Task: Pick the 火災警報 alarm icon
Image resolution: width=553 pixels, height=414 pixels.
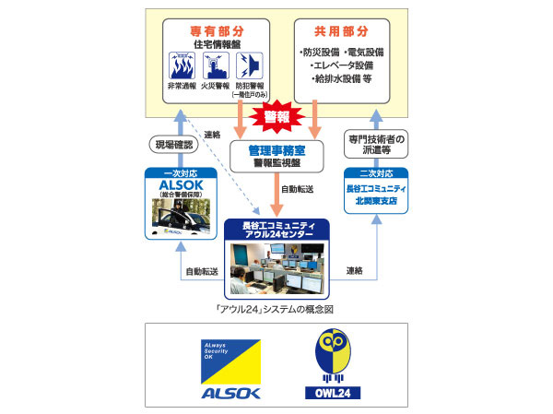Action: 215,66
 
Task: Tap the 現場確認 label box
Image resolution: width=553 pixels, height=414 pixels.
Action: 172,144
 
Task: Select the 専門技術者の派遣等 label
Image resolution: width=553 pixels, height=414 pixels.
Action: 375,144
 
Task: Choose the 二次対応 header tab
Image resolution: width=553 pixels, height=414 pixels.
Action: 375,172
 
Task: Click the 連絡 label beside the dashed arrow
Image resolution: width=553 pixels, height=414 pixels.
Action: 212,134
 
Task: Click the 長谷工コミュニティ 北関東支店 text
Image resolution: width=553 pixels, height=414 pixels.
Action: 375,197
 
